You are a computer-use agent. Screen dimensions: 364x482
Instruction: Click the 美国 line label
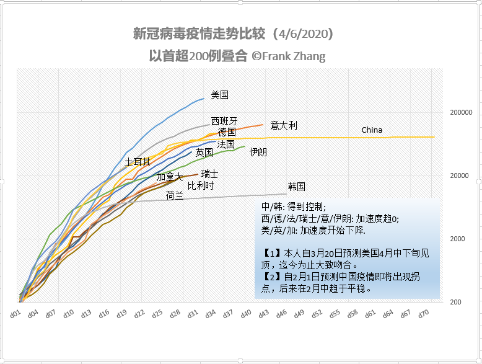coord(220,95)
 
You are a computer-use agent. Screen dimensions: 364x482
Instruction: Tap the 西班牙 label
coord(224,121)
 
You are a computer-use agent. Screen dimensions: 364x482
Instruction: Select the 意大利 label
coord(284,125)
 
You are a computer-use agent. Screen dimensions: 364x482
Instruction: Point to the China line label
coord(372,130)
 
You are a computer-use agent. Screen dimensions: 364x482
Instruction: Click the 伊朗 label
coord(258,151)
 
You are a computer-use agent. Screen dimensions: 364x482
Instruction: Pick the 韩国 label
coord(296,186)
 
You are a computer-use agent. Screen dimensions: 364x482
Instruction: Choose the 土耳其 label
coord(138,162)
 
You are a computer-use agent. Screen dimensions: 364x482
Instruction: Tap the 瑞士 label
coord(209,174)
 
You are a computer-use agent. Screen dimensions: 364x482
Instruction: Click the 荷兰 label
coord(174,195)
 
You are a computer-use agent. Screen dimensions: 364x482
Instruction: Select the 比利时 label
coord(201,185)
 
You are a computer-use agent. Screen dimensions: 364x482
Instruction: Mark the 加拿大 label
coord(169,177)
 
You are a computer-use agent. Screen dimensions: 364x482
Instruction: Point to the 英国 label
coord(204,152)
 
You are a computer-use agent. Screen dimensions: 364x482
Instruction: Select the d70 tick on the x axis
coord(424,314)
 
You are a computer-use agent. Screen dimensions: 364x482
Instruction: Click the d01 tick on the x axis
coord(15,314)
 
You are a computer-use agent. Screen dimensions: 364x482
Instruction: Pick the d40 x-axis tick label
coord(246,314)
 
